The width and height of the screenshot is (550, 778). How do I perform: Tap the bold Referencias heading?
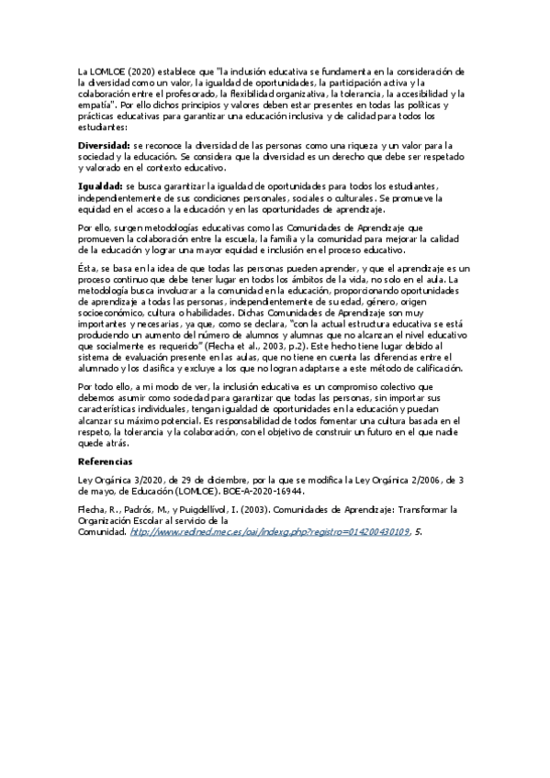pyautogui.click(x=105, y=461)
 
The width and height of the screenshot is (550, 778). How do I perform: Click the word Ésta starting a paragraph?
pyautogui.click(x=87, y=267)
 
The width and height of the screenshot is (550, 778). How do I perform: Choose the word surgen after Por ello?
pyautogui.click(x=121, y=227)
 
